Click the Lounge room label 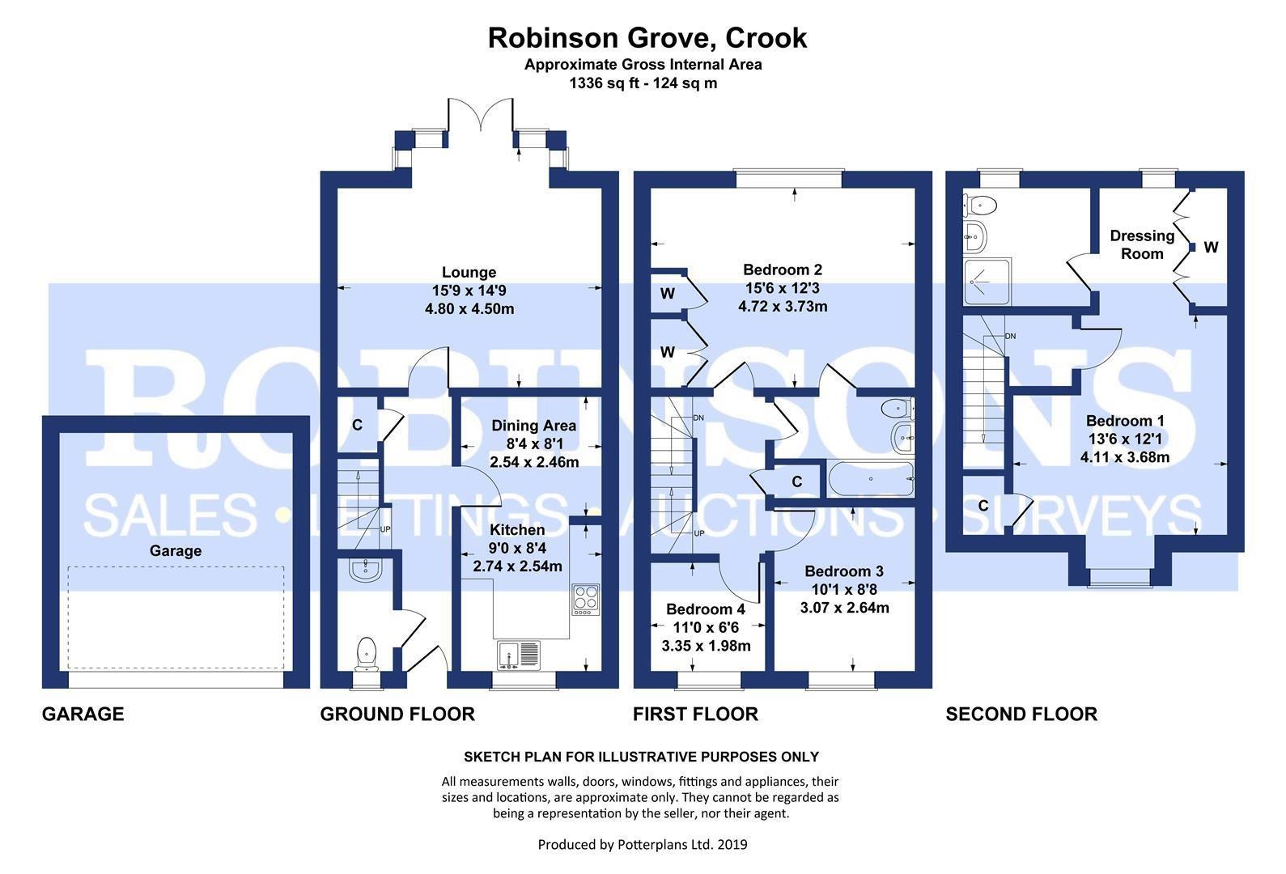point(469,273)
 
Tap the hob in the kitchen point(585,599)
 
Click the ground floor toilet point(367,652)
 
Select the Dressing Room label point(1141,244)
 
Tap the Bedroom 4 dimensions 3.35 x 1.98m point(706,646)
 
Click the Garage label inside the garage point(175,551)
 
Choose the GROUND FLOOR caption point(397,714)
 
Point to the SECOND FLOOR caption point(1021,714)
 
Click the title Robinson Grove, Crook point(647,38)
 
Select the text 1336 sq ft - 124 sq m point(643,83)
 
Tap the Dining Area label point(533,426)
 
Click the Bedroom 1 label point(1125,421)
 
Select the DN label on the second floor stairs point(1010,336)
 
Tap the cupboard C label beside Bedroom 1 point(983,506)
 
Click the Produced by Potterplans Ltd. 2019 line point(643,845)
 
